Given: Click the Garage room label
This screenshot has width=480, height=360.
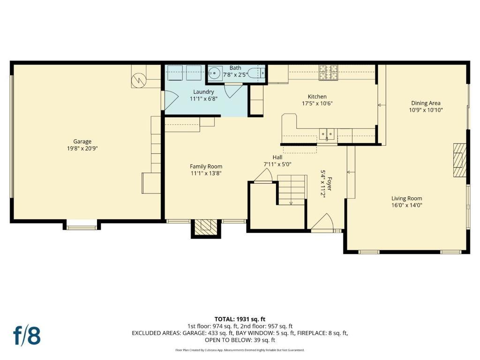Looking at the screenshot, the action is point(82,142).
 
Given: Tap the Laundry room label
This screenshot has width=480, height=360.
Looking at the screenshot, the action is point(203,91).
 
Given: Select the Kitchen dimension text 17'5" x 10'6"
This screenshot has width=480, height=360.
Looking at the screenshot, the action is point(317,103).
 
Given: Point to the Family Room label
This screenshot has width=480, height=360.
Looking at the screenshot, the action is point(206,166).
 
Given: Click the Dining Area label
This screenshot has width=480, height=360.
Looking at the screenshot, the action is point(426,103).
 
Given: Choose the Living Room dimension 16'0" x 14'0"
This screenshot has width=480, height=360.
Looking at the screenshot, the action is point(407,205).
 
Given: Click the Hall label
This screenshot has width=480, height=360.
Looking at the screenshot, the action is point(277,157).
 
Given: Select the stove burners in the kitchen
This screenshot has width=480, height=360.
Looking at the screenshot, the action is point(328,73).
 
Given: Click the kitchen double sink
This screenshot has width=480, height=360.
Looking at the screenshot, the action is point(327,134).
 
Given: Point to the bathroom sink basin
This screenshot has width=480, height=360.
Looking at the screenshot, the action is point(214,73).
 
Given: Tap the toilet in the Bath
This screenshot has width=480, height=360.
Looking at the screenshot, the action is point(256,73).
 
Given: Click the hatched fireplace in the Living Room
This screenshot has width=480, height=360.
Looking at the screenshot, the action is point(460,160).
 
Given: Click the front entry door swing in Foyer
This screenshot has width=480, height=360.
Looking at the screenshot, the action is point(322,221).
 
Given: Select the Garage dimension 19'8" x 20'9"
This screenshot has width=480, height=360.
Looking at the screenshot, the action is point(82,149).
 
